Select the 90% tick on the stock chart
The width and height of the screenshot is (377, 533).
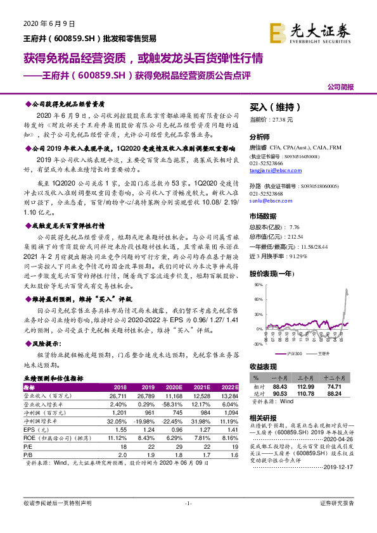pyautogui.click(x=259, y=285)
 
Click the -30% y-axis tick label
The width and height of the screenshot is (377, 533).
pyautogui.click(x=258, y=344)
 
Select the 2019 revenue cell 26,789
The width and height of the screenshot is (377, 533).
pyautogui.click(x=146, y=394)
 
